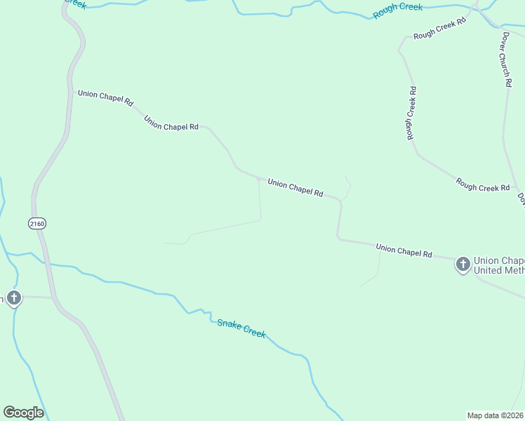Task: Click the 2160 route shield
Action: click(36, 223)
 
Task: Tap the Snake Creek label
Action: click(241, 328)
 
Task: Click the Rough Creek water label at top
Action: click(397, 10)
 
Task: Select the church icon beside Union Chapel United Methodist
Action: click(463, 265)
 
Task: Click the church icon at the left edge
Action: click(13, 298)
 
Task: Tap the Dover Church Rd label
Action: click(506, 58)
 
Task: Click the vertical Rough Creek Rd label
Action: click(413, 112)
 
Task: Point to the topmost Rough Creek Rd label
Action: click(439, 29)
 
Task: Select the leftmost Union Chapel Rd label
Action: click(105, 98)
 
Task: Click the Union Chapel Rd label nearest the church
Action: click(404, 250)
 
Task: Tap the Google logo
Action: click(23, 413)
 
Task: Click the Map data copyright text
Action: click(495, 415)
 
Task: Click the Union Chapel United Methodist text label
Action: click(498, 265)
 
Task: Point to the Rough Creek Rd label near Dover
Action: click(483, 185)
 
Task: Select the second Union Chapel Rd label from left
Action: click(171, 123)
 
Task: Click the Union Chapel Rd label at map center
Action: click(295, 187)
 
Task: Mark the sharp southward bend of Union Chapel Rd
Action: click(340, 201)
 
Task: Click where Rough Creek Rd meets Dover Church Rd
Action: click(517, 190)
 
